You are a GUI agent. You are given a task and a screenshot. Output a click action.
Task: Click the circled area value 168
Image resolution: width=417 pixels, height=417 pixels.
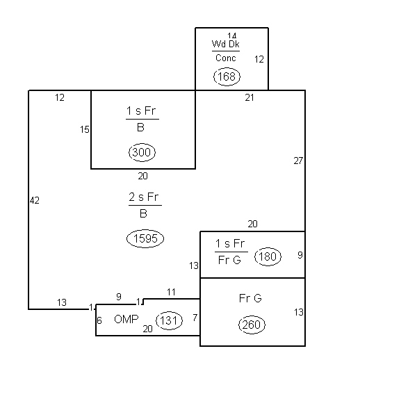227,76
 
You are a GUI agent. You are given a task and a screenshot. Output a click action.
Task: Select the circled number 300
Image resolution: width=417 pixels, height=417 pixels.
142,152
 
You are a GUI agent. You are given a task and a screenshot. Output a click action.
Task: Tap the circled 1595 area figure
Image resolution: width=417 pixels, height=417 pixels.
145,238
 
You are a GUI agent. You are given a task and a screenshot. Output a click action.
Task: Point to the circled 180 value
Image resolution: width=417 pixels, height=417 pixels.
268,256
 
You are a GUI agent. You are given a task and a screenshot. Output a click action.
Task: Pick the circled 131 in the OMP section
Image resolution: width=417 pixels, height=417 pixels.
169,320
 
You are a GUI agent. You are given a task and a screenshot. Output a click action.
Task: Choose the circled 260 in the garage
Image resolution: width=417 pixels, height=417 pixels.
252,325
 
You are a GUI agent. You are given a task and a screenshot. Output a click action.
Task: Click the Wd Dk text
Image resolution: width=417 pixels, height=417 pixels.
225,44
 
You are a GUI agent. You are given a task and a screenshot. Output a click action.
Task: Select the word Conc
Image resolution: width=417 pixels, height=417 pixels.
225,58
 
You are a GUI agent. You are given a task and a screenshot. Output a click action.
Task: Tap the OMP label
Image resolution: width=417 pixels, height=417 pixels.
126,319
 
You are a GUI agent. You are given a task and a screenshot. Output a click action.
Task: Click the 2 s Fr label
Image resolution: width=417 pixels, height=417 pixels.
144,197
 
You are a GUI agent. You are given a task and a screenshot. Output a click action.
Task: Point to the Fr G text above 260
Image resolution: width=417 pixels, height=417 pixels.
250,298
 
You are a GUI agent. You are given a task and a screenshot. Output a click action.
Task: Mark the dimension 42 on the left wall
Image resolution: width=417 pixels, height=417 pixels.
35,200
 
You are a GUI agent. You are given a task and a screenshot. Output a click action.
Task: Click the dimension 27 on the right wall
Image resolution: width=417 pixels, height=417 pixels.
298,161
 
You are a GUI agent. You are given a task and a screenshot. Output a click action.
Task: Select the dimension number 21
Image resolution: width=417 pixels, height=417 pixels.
250,97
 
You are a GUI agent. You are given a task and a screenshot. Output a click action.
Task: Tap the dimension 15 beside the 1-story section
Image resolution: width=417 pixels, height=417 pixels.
85,129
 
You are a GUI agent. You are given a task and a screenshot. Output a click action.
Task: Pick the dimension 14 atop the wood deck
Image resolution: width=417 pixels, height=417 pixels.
232,35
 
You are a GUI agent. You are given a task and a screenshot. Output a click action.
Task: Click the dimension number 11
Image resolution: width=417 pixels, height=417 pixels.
171,293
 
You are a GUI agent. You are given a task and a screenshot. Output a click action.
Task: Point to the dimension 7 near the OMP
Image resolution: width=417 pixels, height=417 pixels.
195,318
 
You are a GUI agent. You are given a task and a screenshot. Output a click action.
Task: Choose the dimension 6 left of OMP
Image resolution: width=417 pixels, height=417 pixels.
99,320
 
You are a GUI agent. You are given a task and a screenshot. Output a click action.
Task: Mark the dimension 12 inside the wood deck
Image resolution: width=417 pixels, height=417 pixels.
259,59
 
